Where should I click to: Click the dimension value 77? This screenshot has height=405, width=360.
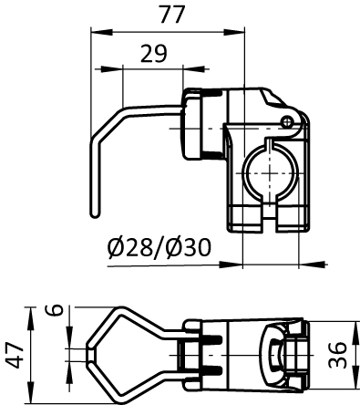[172, 15]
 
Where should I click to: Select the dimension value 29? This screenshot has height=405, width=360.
[154, 54]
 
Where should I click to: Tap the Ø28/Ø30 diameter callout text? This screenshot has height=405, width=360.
[159, 247]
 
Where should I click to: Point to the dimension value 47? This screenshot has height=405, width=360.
[15, 355]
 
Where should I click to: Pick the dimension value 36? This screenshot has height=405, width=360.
[337, 355]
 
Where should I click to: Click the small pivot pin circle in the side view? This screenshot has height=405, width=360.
[286, 122]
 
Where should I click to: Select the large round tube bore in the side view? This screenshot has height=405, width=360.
[270, 172]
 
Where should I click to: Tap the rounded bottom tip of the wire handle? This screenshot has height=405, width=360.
[95, 214]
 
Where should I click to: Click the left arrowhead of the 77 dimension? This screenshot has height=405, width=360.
[101, 32]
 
